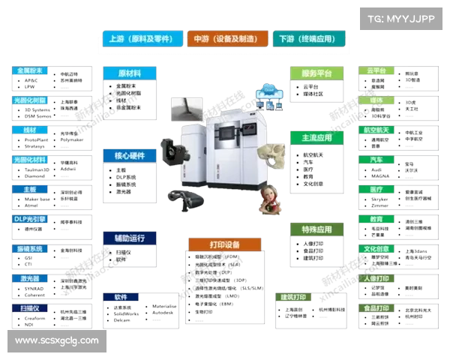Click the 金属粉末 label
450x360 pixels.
28,70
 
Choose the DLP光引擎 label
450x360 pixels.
30,219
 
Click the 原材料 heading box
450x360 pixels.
130,73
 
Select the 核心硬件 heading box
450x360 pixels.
130,156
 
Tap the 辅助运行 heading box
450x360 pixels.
130,238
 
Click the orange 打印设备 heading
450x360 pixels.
225,244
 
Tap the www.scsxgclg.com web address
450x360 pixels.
57,340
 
